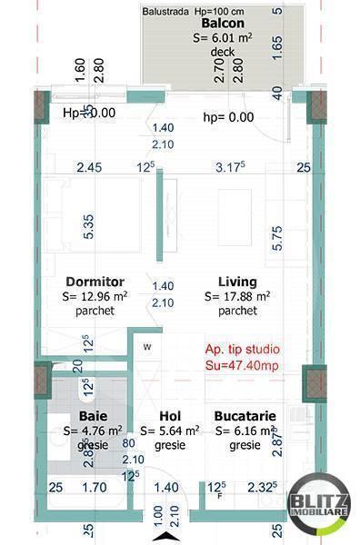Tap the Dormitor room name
(x=95, y=282)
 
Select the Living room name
(x=237, y=282)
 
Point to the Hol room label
(x=165, y=416)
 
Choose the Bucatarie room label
(x=245, y=416)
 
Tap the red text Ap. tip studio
(x=243, y=349)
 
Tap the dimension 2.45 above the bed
(x=88, y=168)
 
